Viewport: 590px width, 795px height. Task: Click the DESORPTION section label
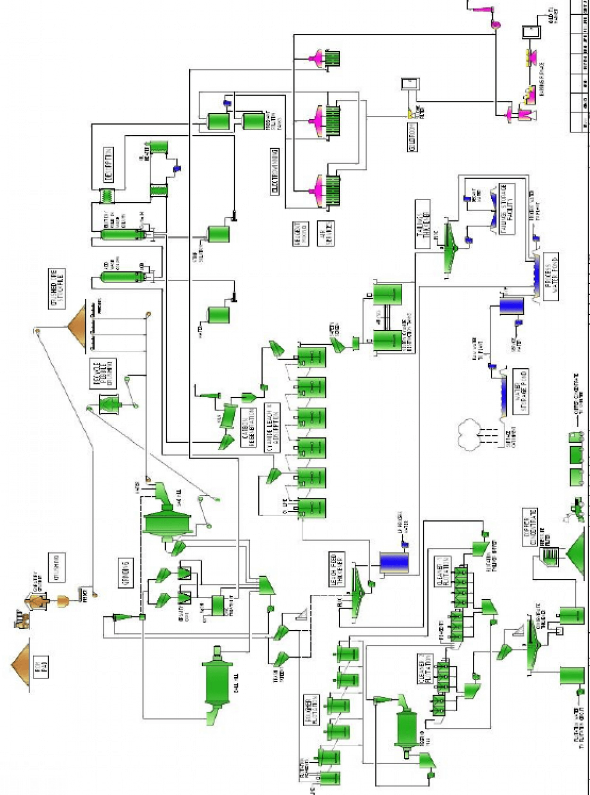[109, 164]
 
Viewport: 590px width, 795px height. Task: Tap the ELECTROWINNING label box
[275, 171]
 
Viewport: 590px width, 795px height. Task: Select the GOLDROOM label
[413, 137]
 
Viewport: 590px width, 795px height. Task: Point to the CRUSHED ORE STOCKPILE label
[57, 289]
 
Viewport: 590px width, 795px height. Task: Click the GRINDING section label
[126, 572]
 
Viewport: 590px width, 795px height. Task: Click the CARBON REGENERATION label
[248, 427]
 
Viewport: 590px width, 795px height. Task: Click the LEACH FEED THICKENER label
[337, 569]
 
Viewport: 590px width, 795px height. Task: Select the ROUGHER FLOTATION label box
[311, 711]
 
